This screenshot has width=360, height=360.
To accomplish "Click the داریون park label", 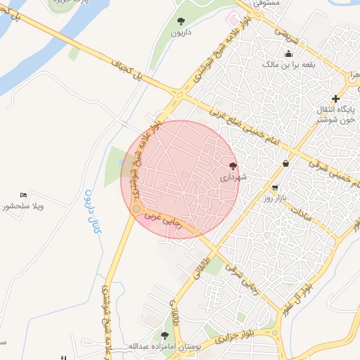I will (x=181, y=33).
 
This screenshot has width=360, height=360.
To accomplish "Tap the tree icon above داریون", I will (x=181, y=21).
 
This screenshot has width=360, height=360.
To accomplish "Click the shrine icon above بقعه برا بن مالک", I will (x=288, y=54).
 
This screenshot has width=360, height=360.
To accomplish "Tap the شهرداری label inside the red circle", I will (x=233, y=178).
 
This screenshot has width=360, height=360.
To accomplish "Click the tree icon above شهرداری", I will (x=233, y=166).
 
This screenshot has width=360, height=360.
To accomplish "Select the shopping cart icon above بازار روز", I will (x=274, y=188).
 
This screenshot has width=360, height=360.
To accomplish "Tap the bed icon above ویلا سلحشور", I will (x=23, y=195).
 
